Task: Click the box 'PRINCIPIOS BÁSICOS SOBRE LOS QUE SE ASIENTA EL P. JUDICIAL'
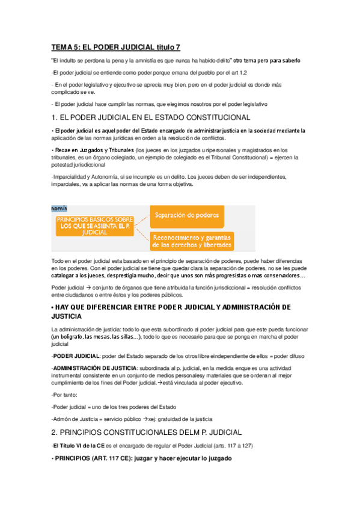pos(94,226)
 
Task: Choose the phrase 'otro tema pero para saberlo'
pos(267,61)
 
